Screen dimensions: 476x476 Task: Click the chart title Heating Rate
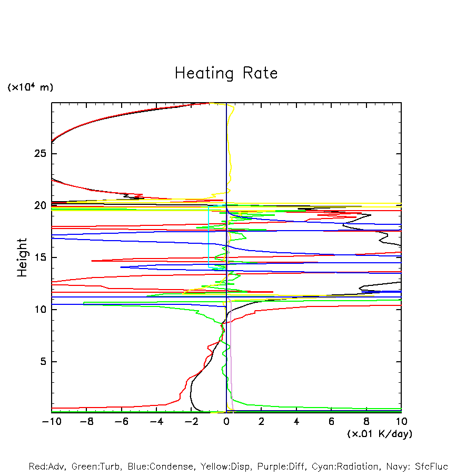tap(226, 73)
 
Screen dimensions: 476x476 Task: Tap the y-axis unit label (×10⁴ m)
tap(30, 87)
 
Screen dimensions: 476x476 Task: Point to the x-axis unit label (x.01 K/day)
tap(380, 434)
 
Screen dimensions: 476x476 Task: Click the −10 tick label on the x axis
tap(51, 422)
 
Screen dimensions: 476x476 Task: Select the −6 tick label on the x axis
tap(121, 422)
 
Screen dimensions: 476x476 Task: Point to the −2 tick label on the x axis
tap(191, 422)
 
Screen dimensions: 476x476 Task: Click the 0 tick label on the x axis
tap(226, 422)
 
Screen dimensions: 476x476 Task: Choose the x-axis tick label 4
tap(296, 422)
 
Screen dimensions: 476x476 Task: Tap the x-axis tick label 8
tap(366, 422)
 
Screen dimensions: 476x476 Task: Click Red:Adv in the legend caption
tap(47, 467)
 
